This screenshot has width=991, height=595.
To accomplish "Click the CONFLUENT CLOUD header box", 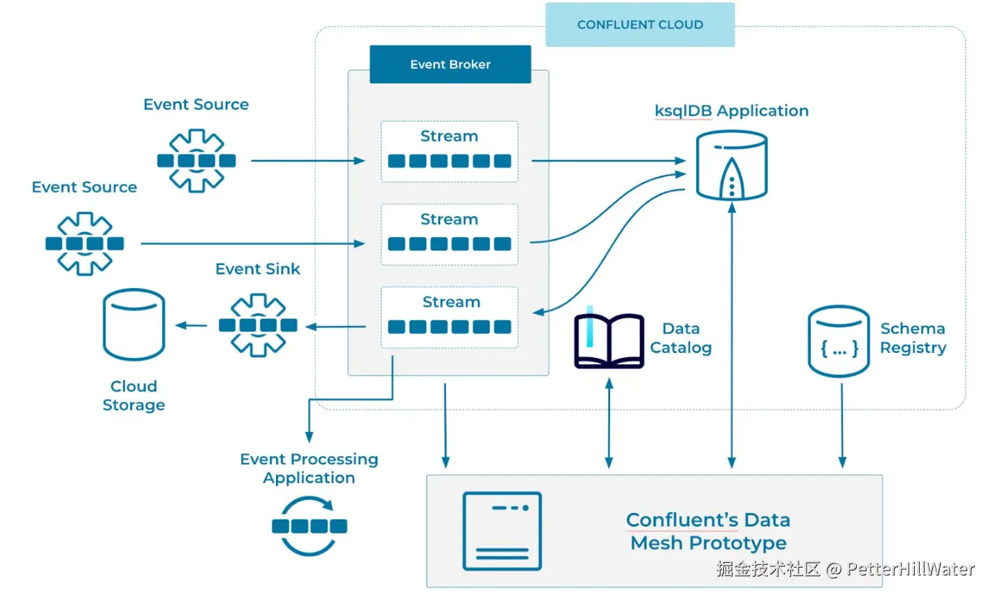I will [x=639, y=24].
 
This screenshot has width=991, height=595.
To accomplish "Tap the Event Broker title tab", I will [x=450, y=64].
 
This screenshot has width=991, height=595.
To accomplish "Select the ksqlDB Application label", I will [x=731, y=110].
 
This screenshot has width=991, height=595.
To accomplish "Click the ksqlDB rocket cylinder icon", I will [x=732, y=166].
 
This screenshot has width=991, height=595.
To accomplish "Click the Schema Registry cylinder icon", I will [x=838, y=341].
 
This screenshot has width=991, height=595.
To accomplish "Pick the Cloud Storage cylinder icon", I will [x=133, y=324].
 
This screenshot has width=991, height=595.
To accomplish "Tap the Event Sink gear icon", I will [x=258, y=325].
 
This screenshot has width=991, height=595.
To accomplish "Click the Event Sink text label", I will [x=257, y=269].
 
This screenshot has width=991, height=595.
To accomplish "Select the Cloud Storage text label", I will [x=133, y=396].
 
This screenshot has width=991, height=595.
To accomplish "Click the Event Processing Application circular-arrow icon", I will [x=309, y=526].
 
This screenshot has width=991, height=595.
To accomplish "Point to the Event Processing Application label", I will [x=309, y=468].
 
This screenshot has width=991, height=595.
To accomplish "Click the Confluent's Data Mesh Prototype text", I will [x=708, y=531].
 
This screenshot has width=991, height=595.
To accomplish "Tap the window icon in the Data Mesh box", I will [x=502, y=531].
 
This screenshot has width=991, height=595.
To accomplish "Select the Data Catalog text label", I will [x=681, y=338].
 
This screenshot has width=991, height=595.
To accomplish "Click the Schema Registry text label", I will [x=913, y=338].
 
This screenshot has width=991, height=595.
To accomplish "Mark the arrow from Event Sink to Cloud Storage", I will [x=191, y=325].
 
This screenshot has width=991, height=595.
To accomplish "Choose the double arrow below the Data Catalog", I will [x=609, y=423].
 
